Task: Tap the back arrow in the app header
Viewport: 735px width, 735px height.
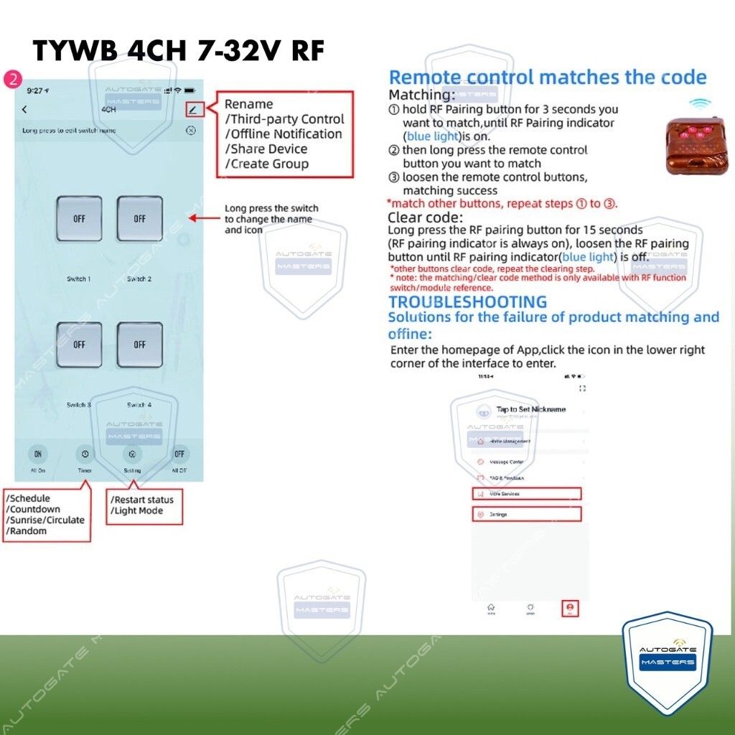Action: pyautogui.click(x=25, y=110)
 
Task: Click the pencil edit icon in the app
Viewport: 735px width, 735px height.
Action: pyautogui.click(x=193, y=110)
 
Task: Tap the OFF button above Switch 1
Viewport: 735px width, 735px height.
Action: pyautogui.click(x=79, y=219)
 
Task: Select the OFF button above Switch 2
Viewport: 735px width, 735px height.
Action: pyautogui.click(x=140, y=219)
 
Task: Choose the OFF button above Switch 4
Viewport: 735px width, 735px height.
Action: pyautogui.click(x=140, y=345)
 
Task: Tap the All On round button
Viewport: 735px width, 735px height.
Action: pyautogui.click(x=38, y=454)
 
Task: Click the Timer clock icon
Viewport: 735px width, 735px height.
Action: pyautogui.click(x=85, y=454)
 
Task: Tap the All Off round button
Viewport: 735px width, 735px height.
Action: pyautogui.click(x=179, y=454)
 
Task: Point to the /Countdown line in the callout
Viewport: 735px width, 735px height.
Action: pyautogui.click(x=33, y=510)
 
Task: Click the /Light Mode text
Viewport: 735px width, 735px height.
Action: pyautogui.click(x=137, y=511)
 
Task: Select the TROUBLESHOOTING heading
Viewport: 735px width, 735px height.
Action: pyautogui.click(x=467, y=302)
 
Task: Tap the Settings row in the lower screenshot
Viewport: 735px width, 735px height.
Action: pyautogui.click(x=526, y=514)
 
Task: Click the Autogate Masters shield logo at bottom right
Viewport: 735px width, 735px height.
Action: pyautogui.click(x=667, y=660)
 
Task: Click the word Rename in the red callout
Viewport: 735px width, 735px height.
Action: pyautogui.click(x=248, y=104)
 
